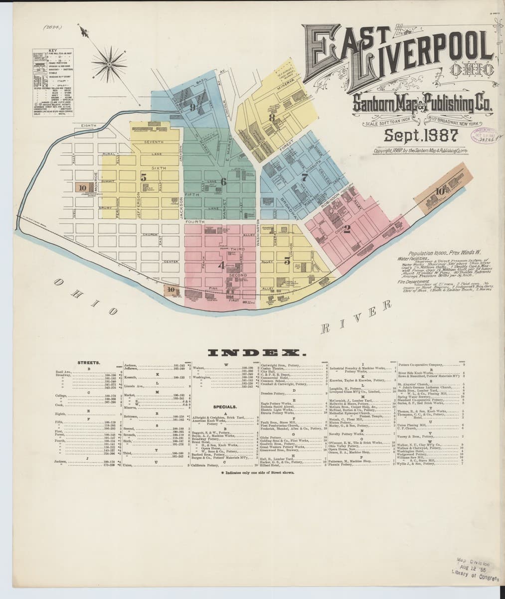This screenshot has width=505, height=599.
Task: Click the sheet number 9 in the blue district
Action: pyautogui.click(x=191, y=106)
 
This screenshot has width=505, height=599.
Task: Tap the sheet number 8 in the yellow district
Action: pyautogui.click(x=272, y=118)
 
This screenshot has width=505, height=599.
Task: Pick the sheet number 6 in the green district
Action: pyautogui.click(x=223, y=182)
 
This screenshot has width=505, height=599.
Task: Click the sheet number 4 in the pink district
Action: pyautogui.click(x=221, y=266)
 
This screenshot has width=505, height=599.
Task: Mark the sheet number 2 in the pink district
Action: pyautogui.click(x=347, y=230)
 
